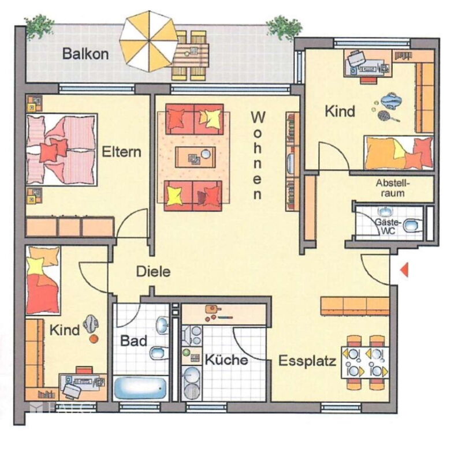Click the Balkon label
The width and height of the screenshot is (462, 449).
click(x=85, y=54)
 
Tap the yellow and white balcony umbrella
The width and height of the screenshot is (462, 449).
click(x=149, y=41)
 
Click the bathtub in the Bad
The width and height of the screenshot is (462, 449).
click(x=140, y=388)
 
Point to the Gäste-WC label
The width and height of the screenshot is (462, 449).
click(x=388, y=226)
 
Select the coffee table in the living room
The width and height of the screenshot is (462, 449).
click(x=195, y=157)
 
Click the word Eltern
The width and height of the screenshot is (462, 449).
click(x=121, y=152)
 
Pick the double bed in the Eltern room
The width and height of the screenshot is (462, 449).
click(x=62, y=149)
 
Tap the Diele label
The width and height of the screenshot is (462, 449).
click(x=153, y=271)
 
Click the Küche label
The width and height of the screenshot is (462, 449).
click(x=226, y=360)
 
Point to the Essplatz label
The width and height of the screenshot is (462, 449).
click(x=307, y=361)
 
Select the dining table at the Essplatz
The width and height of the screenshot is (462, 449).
click(x=366, y=363)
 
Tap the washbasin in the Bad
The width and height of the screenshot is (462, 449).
click(x=162, y=325)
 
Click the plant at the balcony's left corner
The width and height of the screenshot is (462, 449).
click(x=39, y=26)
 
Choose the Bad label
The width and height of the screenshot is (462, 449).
click(x=134, y=341)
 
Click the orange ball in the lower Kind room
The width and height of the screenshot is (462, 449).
click(x=94, y=339)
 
